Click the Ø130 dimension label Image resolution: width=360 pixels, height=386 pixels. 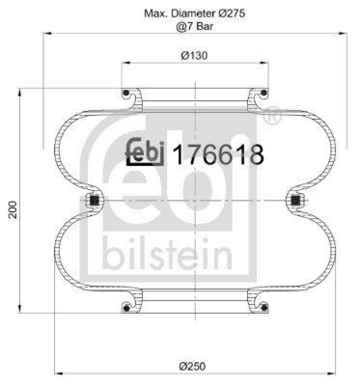194,55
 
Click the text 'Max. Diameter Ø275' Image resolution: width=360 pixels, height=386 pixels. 194,14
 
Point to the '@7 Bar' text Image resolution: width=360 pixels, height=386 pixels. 194,26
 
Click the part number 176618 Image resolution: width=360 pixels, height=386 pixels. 218,155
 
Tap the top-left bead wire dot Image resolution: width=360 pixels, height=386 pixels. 125,93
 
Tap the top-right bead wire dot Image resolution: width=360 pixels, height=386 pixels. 264,93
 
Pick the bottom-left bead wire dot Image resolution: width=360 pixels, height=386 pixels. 125,307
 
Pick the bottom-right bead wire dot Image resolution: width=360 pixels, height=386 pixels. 264,307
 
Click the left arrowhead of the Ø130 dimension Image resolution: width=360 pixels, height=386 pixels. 125,63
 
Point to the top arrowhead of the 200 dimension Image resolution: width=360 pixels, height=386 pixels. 19,92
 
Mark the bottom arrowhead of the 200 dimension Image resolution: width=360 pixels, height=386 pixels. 19,309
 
